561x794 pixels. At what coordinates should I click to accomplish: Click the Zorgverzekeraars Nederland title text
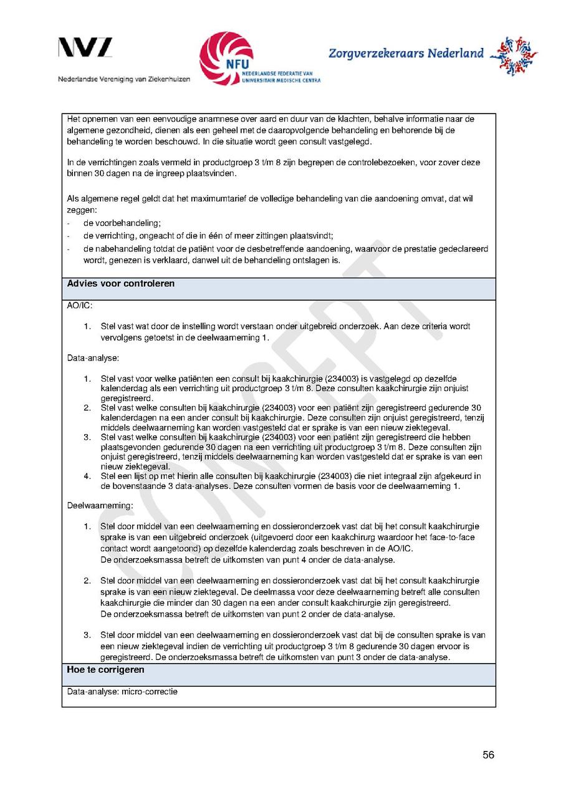click(406, 54)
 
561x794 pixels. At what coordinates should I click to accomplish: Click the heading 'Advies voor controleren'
click(120, 284)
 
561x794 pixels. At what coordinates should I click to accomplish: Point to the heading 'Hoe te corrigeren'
click(105, 670)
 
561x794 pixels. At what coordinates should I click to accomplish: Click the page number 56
click(488, 755)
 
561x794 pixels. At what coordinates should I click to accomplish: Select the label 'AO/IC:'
click(80, 307)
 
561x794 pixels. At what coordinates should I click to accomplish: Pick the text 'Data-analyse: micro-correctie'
click(122, 692)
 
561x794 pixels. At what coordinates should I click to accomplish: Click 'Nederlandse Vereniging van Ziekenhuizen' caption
click(124, 80)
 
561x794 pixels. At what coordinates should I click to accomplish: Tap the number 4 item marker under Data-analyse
click(87, 477)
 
